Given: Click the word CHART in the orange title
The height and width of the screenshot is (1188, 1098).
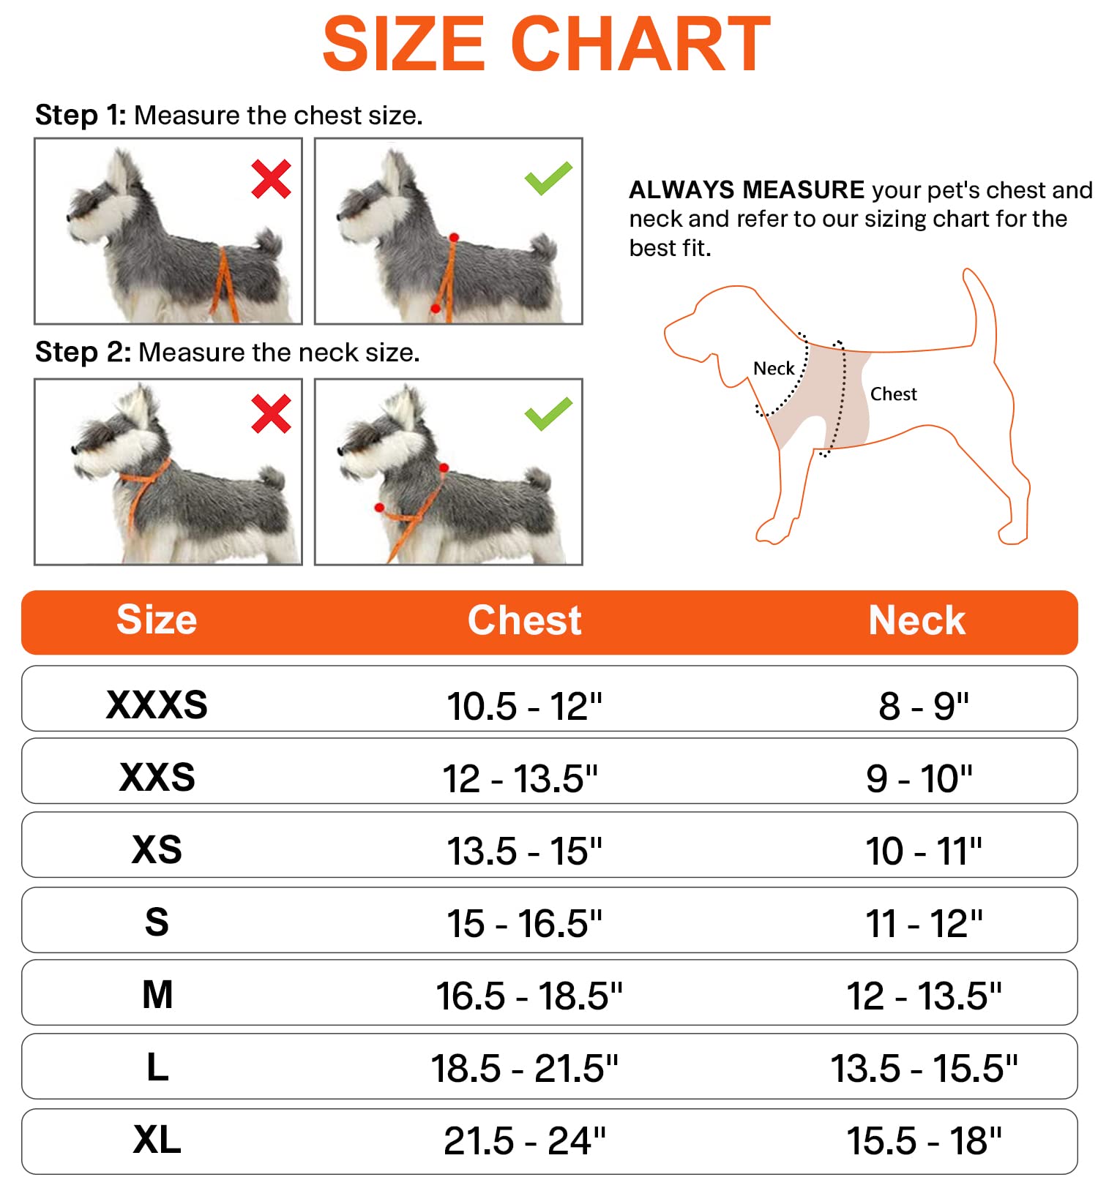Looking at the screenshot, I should click(640, 45).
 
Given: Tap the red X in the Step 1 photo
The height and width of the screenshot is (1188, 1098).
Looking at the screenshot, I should click(271, 179).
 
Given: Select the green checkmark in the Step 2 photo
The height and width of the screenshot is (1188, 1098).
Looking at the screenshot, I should click(548, 414).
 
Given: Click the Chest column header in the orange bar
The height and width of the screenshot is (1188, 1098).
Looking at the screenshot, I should click(524, 620).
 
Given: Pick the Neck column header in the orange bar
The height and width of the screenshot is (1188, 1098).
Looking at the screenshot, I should click(916, 620).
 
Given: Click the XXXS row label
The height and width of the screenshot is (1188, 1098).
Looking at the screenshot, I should click(157, 704).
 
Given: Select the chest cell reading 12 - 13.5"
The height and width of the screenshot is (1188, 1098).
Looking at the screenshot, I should click(520, 778).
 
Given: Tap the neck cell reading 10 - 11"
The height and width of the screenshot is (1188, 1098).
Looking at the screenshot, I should click(924, 851).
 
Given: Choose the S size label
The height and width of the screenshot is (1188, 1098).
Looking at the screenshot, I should click(157, 922).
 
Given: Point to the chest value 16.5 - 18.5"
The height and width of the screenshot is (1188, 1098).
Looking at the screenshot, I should click(529, 996).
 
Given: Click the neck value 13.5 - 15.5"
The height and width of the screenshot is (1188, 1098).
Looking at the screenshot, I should click(924, 1069).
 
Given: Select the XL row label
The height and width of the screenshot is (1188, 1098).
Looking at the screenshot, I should click(157, 1140).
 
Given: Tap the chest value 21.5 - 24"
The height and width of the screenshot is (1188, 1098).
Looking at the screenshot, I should click(525, 1141).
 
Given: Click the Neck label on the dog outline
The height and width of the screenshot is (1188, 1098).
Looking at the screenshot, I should click(774, 368).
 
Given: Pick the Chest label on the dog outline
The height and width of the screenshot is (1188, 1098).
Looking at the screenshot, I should click(893, 394).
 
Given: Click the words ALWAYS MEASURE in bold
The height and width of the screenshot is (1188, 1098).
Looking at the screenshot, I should click(747, 190).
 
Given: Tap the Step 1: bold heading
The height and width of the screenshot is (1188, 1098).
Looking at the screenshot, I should click(81, 116).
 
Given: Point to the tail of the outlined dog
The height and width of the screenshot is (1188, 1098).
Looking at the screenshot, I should click(981, 307).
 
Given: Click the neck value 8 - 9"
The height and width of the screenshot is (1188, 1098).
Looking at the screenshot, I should click(924, 707).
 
